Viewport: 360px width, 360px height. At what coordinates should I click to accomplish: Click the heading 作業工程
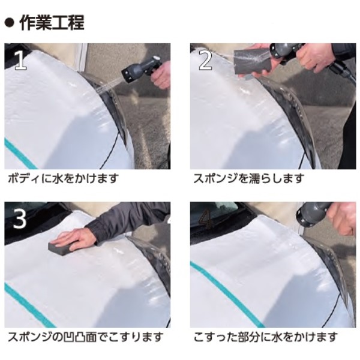coord(52,23)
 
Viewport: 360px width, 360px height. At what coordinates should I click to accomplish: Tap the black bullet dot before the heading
coord(10,23)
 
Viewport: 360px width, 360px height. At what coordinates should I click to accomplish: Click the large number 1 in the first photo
coord(21,60)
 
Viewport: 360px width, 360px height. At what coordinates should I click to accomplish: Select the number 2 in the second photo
coord(205,60)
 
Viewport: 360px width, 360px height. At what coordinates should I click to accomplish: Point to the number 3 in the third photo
coord(20,218)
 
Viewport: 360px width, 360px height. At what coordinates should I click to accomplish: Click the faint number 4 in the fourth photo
coord(206,219)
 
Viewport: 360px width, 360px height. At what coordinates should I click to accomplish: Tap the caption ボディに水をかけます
coord(63,178)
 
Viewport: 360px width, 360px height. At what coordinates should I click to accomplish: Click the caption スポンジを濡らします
coord(249,178)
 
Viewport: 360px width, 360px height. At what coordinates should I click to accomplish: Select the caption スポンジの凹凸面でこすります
coord(85,337)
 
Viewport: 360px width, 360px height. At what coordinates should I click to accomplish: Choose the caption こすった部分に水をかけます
coord(266,337)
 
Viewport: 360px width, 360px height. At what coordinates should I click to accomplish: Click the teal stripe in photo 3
coord(30,305)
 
